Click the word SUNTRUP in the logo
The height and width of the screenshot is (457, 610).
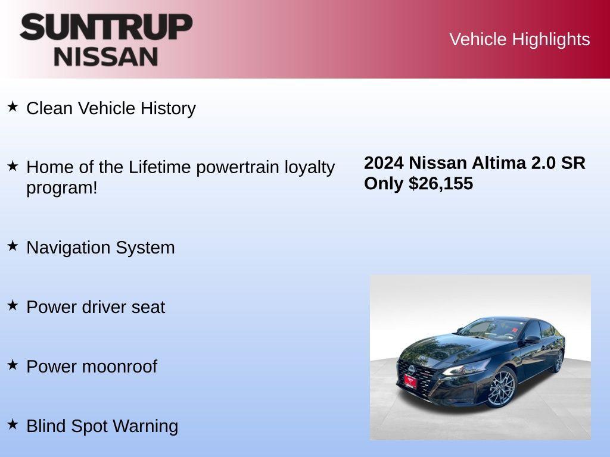[x=106, y=27]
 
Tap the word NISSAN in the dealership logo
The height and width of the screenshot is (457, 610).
[x=106, y=57]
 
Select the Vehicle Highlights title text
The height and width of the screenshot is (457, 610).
[x=519, y=39]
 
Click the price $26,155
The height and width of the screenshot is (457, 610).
[x=441, y=183]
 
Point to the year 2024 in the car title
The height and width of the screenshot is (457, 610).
[x=384, y=163]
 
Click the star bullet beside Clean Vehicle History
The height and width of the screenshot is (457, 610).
[x=13, y=107]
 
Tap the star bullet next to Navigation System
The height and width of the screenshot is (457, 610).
[x=13, y=246]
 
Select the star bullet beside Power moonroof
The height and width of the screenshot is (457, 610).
[x=13, y=365]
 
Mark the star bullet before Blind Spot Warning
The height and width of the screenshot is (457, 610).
[x=13, y=424]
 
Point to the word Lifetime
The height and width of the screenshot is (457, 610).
[x=160, y=167]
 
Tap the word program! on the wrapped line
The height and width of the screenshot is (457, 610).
[x=61, y=187]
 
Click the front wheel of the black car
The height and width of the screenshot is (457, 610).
[x=500, y=388]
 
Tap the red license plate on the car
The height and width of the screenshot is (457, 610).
[x=410, y=381]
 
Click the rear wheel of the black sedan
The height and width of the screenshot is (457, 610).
[x=558, y=361]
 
